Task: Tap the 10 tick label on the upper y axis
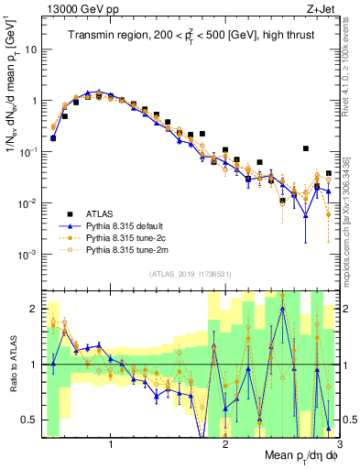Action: coord(30,49)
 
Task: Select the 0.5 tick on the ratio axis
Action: coord(29,420)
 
